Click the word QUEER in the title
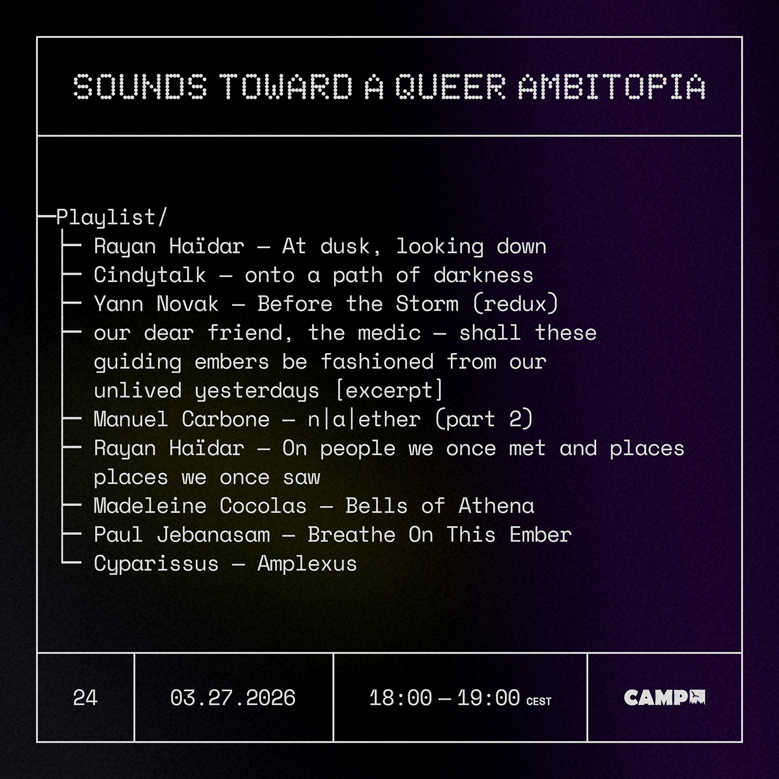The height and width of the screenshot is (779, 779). coord(450,87)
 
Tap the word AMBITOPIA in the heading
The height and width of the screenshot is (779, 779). coord(612,87)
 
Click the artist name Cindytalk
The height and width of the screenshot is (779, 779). coord(150,275)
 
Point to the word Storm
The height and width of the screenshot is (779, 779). coord(427,304)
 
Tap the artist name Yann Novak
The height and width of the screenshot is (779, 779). coord(156,304)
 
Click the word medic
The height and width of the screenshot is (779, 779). coord(389,333)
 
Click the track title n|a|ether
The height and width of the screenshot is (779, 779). coord(364,419)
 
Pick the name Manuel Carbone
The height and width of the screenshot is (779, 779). coord(181,419)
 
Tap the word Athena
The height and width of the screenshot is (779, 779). coord(496,506)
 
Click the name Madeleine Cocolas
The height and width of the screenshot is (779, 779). coord(200,506)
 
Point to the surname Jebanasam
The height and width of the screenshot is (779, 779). coord(213,535)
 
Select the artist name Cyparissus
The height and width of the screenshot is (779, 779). coord(156,564)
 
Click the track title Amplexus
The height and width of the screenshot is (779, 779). coord(307,564)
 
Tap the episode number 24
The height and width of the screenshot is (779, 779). coord(85,697)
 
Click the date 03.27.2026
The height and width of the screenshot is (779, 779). coord(233,697)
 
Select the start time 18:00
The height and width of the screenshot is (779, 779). coord(400,697)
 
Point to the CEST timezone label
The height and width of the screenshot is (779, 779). coord(539,701)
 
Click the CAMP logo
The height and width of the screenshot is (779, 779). coord(664,697)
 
